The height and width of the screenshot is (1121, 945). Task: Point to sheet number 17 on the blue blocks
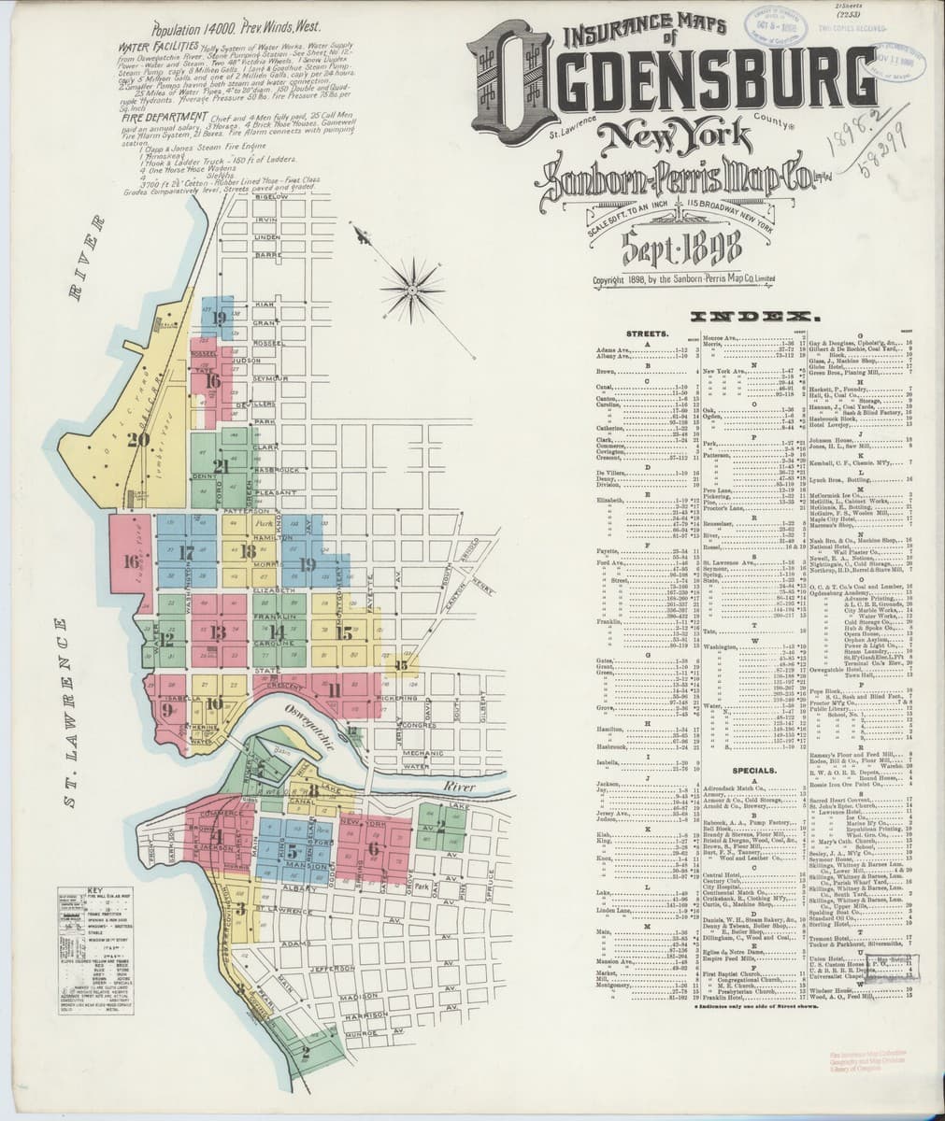(186, 552)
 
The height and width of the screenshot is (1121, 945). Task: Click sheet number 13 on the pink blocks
(218, 633)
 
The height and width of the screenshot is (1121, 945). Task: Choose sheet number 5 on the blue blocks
(293, 851)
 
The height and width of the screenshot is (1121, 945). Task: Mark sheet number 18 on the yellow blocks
(248, 552)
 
